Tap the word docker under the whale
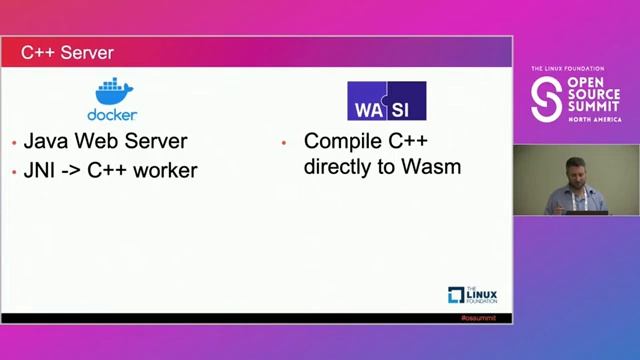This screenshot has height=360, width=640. pos(112,114)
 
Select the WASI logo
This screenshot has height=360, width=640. pos(386,101)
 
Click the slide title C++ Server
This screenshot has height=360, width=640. pos(68,52)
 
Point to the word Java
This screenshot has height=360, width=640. pos(46,142)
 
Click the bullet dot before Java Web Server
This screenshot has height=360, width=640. pos(13,144)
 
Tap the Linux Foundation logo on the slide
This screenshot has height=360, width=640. pos(473,295)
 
